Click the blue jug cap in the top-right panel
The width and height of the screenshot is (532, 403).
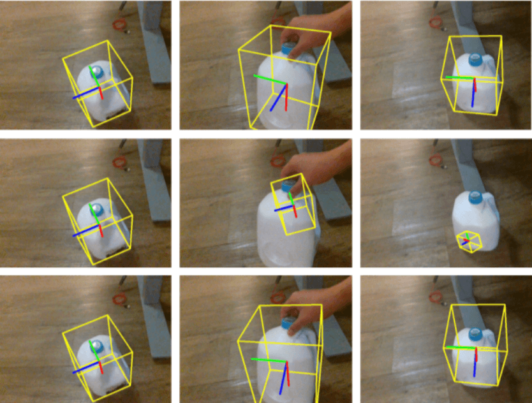point(475,59)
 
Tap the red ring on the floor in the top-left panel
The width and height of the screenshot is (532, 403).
point(119,25)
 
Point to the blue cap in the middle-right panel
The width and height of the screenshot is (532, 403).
point(476,197)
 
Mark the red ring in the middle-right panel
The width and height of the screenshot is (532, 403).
point(436,161)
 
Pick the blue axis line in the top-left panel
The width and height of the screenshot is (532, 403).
point(87,94)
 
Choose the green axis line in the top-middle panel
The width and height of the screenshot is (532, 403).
point(269,79)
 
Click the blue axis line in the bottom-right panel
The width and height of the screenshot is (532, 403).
point(475,364)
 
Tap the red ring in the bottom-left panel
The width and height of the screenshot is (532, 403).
point(119,298)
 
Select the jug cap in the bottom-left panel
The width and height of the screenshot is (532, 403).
point(97,346)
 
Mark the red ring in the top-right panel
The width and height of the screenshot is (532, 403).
point(436,22)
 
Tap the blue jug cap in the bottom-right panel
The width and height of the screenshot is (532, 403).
point(475,333)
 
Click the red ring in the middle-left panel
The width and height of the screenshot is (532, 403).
point(119,162)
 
